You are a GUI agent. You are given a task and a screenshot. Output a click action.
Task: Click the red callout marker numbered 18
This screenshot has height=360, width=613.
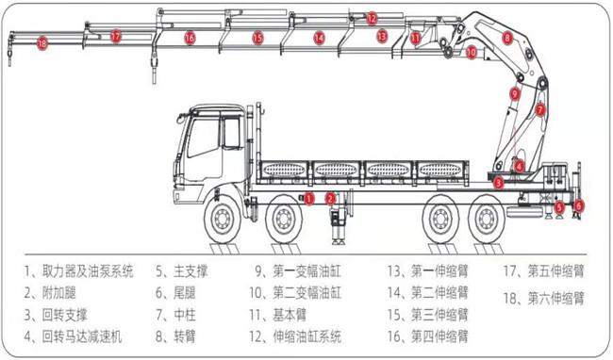tap(41, 43)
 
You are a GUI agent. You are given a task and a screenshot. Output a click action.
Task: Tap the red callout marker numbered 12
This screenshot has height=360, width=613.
tap(372, 18)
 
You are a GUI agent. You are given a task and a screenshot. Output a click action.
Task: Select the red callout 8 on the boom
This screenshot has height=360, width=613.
tap(507, 38)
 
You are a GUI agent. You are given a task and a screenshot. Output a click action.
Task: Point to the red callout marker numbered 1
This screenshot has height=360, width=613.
tap(308, 199)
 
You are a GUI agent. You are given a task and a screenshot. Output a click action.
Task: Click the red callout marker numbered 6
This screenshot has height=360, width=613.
tap(579, 205)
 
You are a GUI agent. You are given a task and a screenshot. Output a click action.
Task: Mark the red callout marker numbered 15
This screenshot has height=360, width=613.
tap(257, 38)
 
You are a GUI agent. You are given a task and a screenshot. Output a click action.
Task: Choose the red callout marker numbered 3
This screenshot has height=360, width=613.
tap(498, 182)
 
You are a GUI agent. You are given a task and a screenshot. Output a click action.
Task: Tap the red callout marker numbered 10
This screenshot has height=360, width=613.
tap(472, 52)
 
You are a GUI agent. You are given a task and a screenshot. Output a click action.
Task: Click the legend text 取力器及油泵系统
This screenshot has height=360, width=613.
tap(88, 271)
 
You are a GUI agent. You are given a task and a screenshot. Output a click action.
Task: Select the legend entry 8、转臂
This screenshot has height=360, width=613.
tap(175, 336)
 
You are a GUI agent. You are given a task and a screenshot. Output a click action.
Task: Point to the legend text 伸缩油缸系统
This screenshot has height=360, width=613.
tap(307, 336)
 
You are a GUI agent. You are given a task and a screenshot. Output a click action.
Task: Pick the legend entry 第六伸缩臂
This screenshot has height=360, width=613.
tap(555, 299)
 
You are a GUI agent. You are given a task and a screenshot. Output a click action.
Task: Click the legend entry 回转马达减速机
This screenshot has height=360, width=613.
tap(82, 336)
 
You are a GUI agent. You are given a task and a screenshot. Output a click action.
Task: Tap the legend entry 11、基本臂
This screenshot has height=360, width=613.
tap(278, 315)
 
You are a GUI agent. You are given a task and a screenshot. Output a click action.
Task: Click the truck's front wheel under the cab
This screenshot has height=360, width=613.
tap(222, 220)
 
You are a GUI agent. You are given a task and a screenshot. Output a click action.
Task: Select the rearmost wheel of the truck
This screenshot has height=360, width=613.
tap(488, 219)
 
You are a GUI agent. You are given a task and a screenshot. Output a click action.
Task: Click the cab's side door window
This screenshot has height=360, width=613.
tap(204, 137)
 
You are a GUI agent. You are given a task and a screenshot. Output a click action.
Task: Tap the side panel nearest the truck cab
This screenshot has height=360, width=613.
tap(284, 170)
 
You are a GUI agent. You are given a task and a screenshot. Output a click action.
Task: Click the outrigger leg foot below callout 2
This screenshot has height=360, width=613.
tap(337, 241)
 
